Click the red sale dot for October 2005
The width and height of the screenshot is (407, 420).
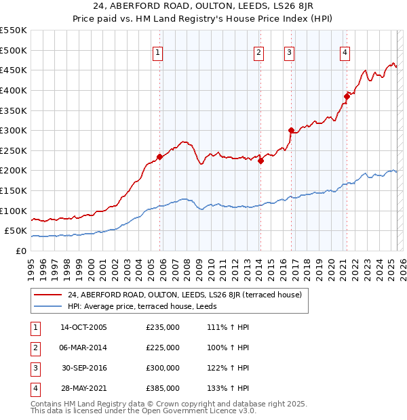(x=160, y=156)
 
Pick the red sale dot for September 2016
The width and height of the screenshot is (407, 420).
(x=291, y=130)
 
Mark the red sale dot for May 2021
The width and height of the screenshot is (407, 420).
(x=347, y=96)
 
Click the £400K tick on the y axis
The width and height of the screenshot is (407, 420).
(x=14, y=90)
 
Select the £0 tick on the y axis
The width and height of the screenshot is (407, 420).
(x=21, y=251)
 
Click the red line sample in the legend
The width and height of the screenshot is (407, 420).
(x=48, y=294)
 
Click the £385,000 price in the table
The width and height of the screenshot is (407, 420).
(x=163, y=388)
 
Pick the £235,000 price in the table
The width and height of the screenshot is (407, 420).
(x=163, y=327)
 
